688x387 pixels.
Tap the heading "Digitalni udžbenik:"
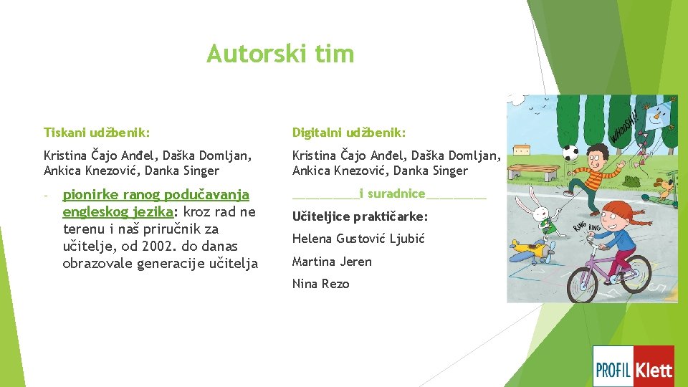pyautogui.click(x=349, y=133)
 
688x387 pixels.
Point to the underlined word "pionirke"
pyautogui.click(x=92, y=194)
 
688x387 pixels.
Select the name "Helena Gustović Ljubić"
pyautogui.click(x=358, y=239)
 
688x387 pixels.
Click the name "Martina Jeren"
pyautogui.click(x=332, y=262)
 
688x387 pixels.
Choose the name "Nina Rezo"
pyautogui.click(x=320, y=284)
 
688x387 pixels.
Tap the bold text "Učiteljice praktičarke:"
pyautogui.click(x=360, y=216)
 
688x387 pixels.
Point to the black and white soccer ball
pyautogui.click(x=571, y=153)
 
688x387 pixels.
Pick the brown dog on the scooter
pyautogui.click(x=666, y=190)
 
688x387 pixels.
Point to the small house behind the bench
pyautogui.click(x=520, y=153)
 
